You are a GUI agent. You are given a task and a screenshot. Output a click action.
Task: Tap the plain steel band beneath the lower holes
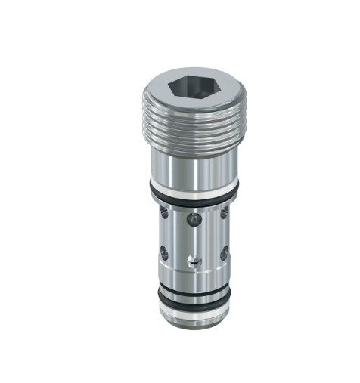[194, 273]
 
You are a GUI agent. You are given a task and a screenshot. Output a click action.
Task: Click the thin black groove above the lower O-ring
[194, 283]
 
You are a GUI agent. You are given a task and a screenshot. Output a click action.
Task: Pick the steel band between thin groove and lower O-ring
[194, 288]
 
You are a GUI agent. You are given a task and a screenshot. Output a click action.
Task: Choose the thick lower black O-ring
[194, 295]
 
